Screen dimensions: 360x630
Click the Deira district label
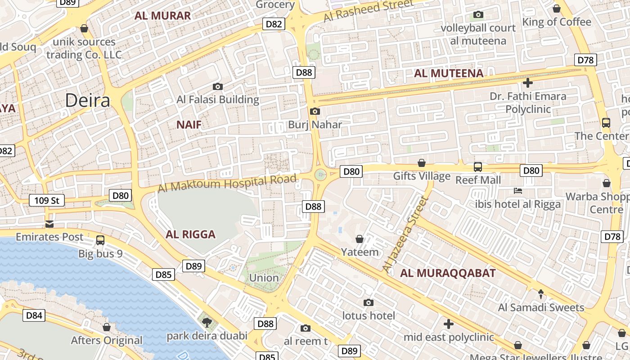[88, 100]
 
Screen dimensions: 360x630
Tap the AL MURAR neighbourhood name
[163, 16]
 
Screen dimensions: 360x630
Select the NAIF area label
[189, 125]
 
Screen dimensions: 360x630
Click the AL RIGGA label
[190, 234]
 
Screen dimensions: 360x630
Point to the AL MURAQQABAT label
[448, 273]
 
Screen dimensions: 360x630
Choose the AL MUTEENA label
[449, 73]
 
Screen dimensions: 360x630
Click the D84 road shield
[34, 315]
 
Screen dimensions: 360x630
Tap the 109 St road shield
[47, 200]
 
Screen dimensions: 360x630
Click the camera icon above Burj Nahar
[315, 111]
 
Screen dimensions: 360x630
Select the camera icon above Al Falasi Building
[218, 86]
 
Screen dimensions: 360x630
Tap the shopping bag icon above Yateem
[360, 239]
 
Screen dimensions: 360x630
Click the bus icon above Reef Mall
[478, 167]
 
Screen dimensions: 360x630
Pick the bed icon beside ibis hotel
[518, 191]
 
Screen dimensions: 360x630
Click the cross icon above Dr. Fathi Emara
[528, 83]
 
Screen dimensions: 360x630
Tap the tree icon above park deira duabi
[207, 322]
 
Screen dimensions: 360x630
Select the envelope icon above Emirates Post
[49, 224]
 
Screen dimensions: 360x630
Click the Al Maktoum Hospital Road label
[227, 184]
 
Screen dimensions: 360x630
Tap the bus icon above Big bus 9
[100, 240]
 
